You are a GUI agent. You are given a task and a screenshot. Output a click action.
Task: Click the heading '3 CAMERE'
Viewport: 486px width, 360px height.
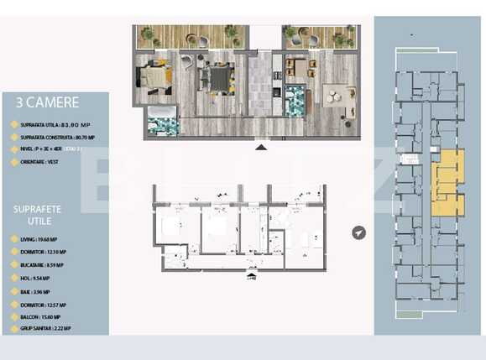pyautogui.click(x=47, y=103)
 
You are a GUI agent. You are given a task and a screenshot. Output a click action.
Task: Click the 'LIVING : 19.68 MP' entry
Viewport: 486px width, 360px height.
pyautogui.click(x=40, y=239)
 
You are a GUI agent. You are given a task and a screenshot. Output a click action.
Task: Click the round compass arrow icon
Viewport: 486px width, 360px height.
pyautogui.click(x=359, y=232)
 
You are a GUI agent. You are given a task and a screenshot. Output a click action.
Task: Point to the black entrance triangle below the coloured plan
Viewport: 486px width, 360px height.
pyautogui.click(x=261, y=147)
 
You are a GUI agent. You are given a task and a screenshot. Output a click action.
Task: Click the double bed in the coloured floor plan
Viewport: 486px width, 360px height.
pyautogui.click(x=156, y=77)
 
